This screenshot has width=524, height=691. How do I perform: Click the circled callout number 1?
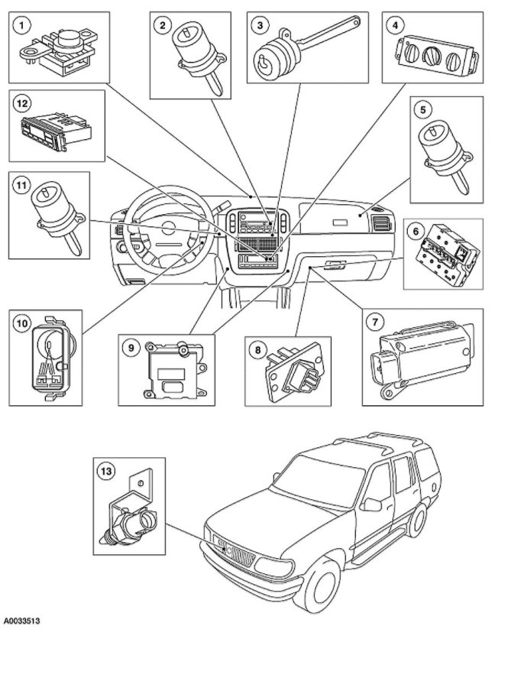pos(24,26)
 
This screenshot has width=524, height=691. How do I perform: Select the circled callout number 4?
pos(395,25)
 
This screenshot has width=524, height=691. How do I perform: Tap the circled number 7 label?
pos(375,322)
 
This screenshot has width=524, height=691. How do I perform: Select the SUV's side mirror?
pos(373,503)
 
